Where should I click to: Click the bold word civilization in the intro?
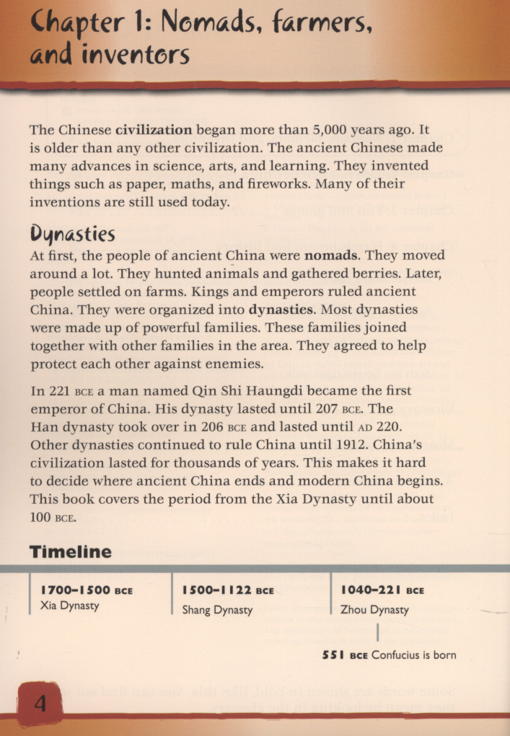pos(154,131)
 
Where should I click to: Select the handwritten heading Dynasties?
pos(72,235)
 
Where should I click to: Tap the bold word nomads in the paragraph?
pos(330,256)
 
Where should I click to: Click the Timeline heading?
pos(71,552)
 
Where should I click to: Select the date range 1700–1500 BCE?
pos(87,590)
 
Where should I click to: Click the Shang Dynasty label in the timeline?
pos(217,610)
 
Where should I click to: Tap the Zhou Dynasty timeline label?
pos(374,610)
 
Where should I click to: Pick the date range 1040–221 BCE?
pos(383,590)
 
